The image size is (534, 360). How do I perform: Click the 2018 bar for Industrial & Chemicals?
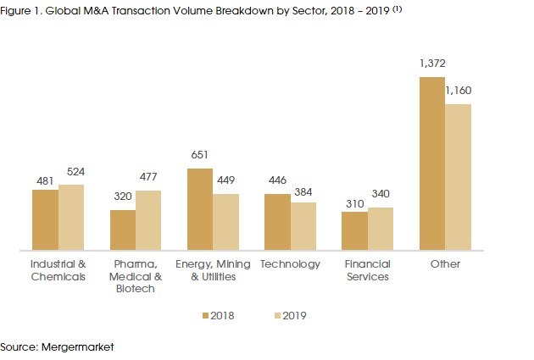[45, 220]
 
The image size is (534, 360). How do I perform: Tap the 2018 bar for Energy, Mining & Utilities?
[199, 210]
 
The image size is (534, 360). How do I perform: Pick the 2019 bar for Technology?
[303, 226]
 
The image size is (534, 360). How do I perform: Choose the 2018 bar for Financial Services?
[354, 231]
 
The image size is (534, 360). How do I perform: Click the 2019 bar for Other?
[458, 177]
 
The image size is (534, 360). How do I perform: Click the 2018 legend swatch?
[205, 316]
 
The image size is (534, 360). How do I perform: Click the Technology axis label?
[290, 264]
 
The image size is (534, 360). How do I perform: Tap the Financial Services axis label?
[367, 270]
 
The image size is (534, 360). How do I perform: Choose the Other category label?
[444, 264]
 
